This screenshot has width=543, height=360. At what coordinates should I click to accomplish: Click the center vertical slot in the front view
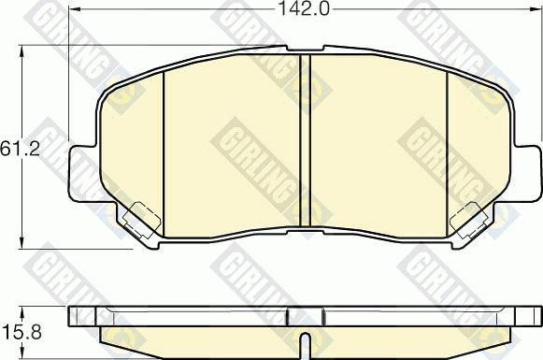click(304, 140)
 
